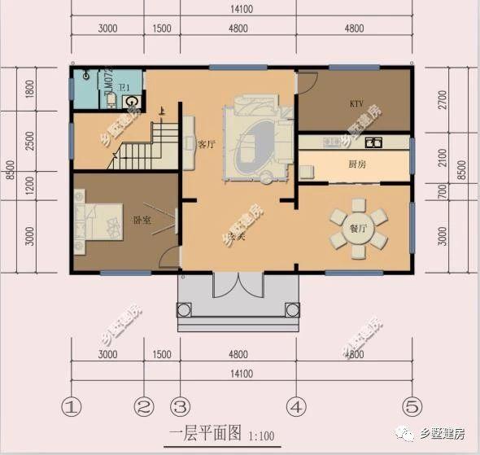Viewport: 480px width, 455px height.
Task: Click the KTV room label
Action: pos(356,104)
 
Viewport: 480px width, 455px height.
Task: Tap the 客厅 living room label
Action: pos(207,144)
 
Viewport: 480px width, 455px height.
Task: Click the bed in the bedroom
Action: pos(96,216)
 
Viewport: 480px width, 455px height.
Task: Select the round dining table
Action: pos(358,229)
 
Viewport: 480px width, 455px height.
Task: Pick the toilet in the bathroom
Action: pos(130,102)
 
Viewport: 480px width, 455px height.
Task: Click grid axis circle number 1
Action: pos(73,405)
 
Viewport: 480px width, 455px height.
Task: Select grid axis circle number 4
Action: pos(296,405)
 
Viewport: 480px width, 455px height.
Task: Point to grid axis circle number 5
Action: pos(412,405)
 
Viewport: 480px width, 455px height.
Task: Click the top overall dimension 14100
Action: pos(242,10)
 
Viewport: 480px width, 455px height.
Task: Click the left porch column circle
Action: pos(184,310)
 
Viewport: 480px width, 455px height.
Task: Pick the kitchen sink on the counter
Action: pos(373,143)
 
